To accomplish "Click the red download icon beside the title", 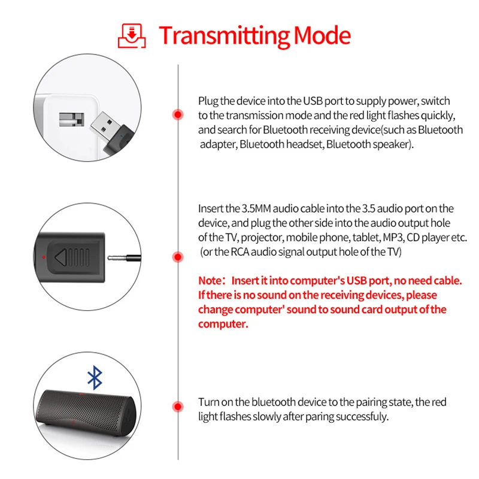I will click(x=133, y=35).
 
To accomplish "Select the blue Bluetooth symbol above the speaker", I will click(x=95, y=377).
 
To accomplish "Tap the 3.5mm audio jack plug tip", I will click(x=124, y=258).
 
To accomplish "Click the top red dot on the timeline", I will click(x=177, y=114).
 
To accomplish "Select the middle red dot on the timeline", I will click(x=177, y=257).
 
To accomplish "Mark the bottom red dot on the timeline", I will click(x=177, y=407).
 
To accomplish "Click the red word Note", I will click(x=210, y=281).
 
